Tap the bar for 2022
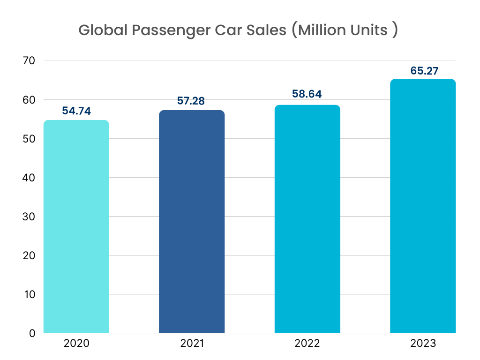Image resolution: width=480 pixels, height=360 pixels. coord(307,219)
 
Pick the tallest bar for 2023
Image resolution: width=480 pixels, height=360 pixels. coord(423,206)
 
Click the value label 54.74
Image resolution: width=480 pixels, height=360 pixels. coord(76,111)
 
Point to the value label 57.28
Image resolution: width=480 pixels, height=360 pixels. coord(192,101)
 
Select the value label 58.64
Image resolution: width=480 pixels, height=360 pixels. coord(307,94)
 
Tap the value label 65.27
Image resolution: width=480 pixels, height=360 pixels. coord(423,71)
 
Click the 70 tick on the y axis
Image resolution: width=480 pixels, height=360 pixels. coord(29,61)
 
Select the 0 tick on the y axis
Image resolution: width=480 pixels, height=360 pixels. coord(32,333)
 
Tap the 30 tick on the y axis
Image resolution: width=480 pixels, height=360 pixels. coord(29,217)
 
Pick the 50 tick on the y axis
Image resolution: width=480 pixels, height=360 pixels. coord(29,139)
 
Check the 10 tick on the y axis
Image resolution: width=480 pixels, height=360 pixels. coord(29,294)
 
